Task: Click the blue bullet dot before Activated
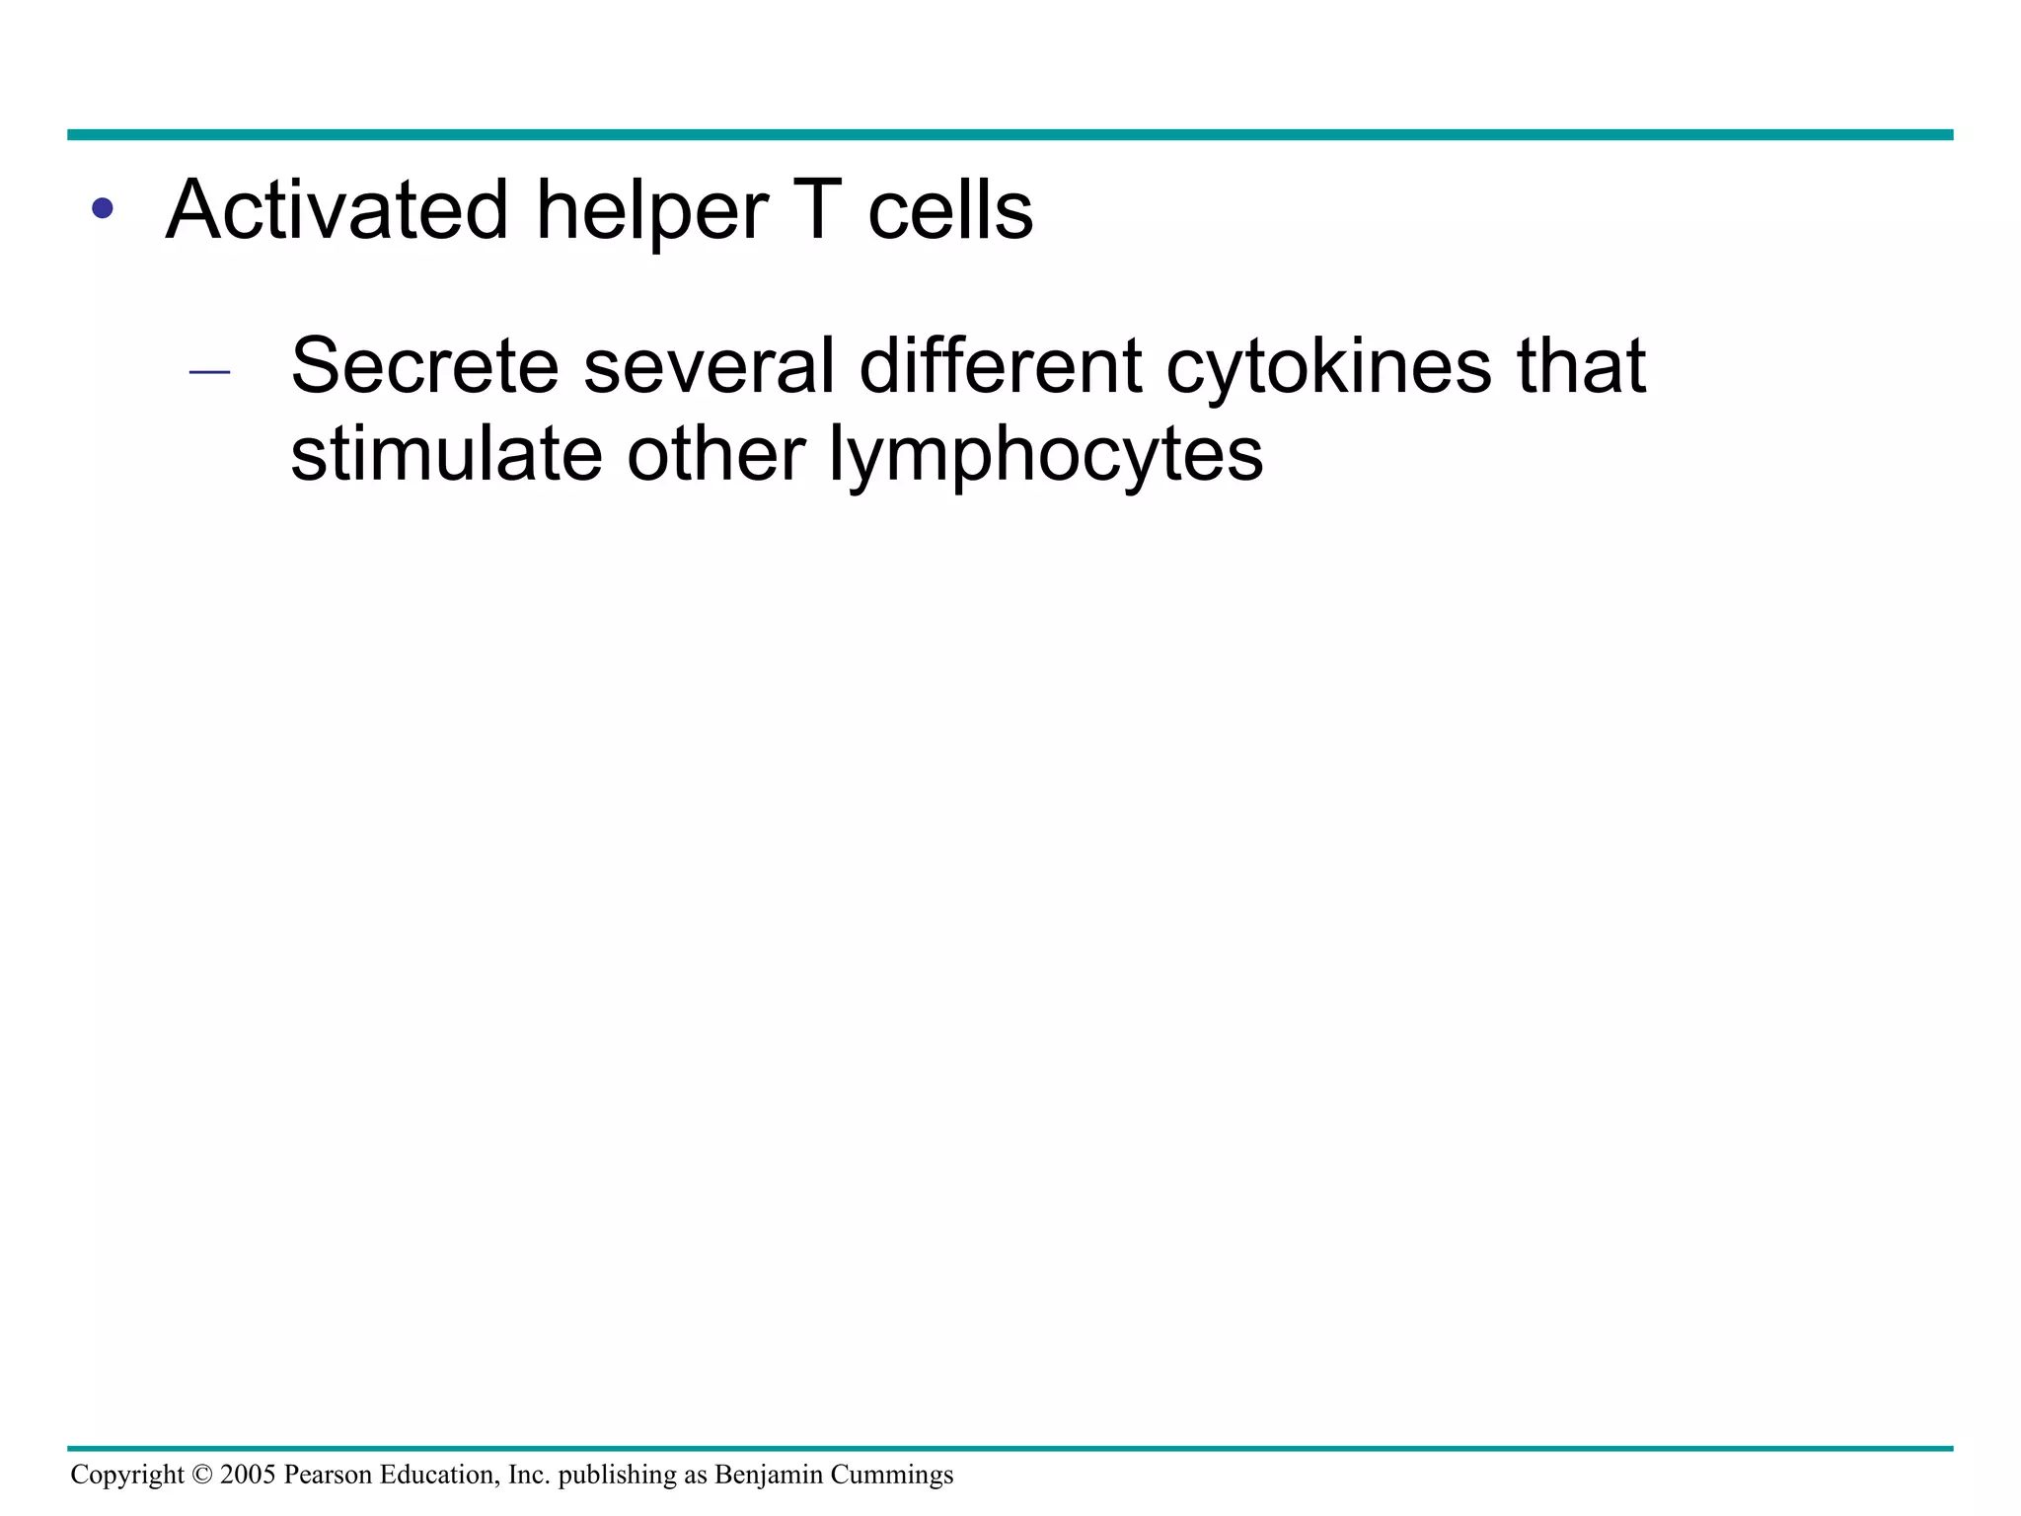102,209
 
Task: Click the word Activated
336,210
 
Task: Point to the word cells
950,210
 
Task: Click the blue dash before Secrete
209,372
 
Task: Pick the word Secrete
424,366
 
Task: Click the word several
709,366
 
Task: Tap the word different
1000,366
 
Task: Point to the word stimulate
446,454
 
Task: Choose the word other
715,454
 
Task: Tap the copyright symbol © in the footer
201,1475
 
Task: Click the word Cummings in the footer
892,1476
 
